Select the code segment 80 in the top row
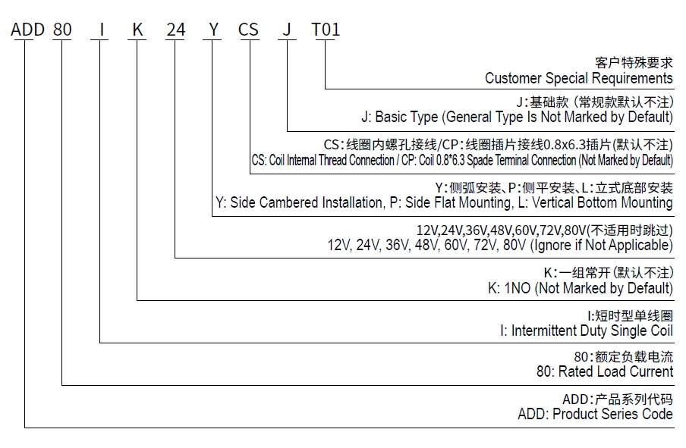[62, 30]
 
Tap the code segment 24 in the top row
[175, 30]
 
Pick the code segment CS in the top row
[249, 30]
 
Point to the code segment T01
[326, 30]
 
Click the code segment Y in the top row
[213, 30]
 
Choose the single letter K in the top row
[137, 30]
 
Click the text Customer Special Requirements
[578, 78]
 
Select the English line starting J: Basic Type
[516, 117]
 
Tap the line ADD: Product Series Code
[595, 414]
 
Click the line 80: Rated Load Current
[604, 371]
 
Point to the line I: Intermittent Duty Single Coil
[586, 331]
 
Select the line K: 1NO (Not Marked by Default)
[580, 288]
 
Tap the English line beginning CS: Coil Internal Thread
[461, 160]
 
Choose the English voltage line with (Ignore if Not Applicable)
[499, 245]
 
